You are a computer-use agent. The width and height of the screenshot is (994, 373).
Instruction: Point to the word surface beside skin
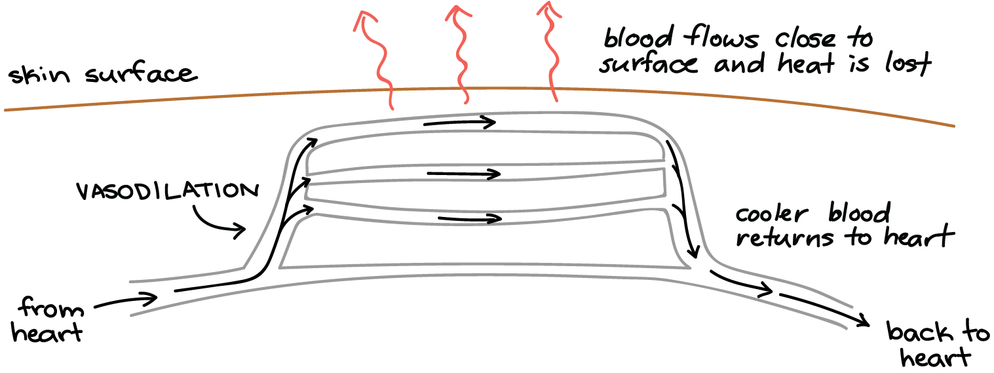click(x=142, y=74)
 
